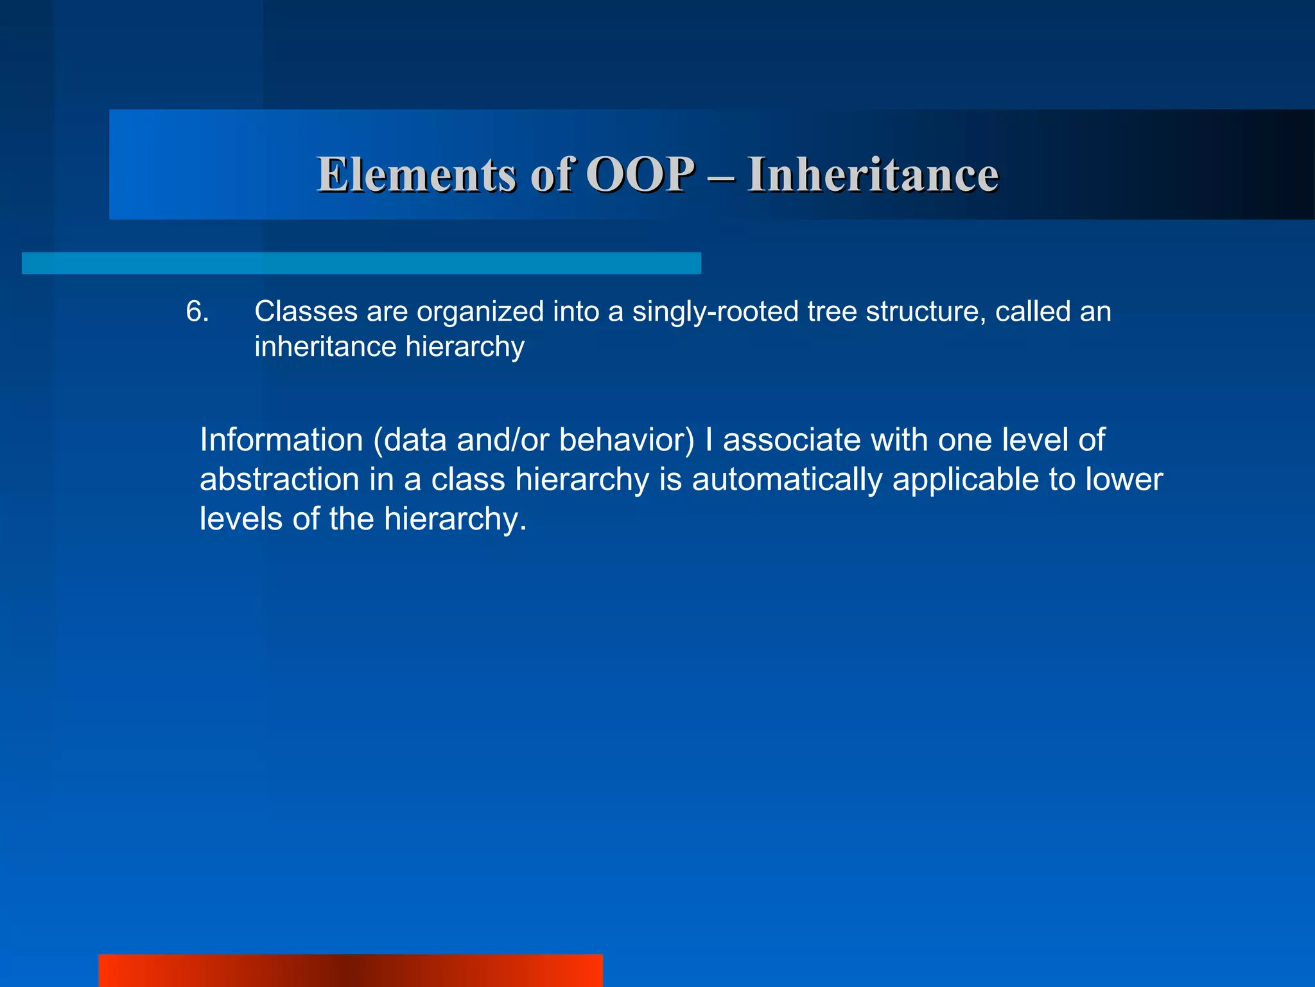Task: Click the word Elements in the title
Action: coord(416,175)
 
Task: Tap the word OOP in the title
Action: coord(640,175)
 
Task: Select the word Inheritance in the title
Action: coord(873,175)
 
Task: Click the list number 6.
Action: coord(197,312)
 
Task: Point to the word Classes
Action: coord(305,312)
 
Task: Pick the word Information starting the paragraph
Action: coord(281,440)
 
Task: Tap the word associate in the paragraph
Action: coord(792,440)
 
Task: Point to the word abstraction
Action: coord(279,480)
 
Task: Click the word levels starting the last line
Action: coord(241,519)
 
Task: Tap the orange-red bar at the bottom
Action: coord(351,970)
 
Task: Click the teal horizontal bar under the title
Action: coord(361,263)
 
